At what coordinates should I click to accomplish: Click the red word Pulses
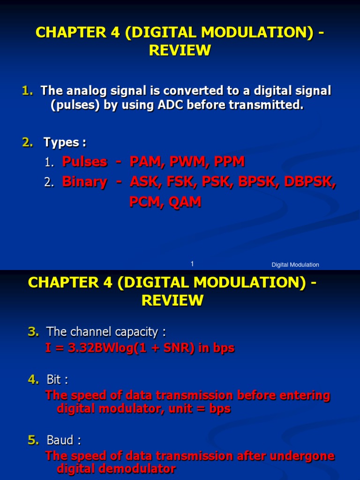(85, 162)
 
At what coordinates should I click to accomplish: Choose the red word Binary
(84, 182)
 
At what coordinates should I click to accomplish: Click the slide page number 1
(192, 264)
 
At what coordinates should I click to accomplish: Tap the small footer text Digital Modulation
(295, 265)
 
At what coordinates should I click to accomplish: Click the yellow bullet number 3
(33, 332)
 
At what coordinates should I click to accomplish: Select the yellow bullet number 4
(33, 379)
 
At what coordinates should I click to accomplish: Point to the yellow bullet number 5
(33, 440)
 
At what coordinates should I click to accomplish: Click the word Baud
(61, 440)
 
